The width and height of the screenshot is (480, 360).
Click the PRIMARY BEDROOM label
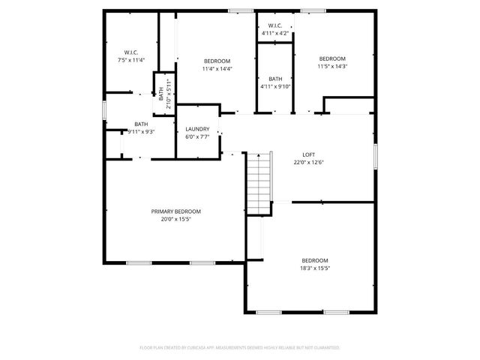pos(175,211)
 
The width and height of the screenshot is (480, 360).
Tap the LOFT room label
pos(308,153)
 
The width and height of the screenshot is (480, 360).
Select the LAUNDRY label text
pos(197,129)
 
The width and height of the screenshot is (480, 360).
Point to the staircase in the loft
pos(258,182)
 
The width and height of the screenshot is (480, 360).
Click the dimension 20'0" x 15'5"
pos(175,220)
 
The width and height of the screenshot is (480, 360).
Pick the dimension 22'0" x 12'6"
pos(308,161)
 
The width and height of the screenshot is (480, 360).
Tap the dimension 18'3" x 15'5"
pos(315,268)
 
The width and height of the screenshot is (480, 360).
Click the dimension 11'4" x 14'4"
pos(217,69)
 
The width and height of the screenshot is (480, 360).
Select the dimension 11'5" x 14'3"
pos(332,67)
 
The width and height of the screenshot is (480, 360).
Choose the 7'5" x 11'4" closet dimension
pos(131,59)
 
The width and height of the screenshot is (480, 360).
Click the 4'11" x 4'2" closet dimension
pos(275,33)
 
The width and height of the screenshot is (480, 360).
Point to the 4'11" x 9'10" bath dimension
pos(275,87)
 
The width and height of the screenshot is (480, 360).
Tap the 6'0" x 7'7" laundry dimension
pos(197,137)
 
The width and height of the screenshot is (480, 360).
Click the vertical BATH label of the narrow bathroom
pos(160,93)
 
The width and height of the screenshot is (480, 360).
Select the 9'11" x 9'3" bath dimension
pos(141,132)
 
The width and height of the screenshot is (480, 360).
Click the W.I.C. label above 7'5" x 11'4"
pos(131,51)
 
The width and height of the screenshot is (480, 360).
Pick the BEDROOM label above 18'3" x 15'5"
pos(315,259)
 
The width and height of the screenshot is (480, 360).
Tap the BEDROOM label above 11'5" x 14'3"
pos(332,58)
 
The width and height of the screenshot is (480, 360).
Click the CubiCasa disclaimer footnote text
pos(240,348)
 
